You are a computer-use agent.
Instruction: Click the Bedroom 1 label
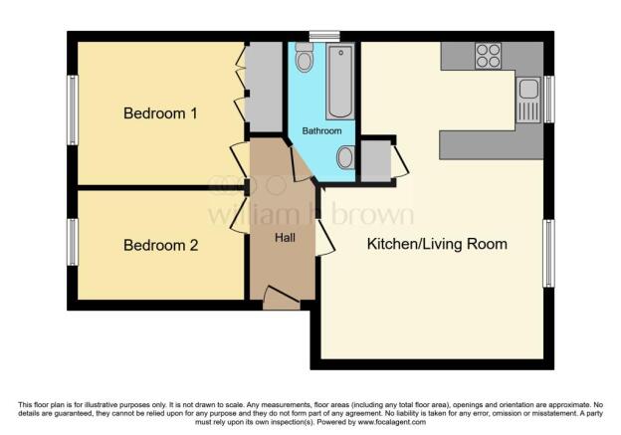pyautogui.click(x=160, y=113)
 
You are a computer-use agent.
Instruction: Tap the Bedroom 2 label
pyautogui.click(x=160, y=245)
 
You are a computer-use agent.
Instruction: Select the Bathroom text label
pyautogui.click(x=321, y=131)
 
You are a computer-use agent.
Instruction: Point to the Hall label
pyautogui.click(x=286, y=238)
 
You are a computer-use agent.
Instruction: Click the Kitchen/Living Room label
pyautogui.click(x=437, y=244)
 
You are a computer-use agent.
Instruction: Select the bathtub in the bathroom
pyautogui.click(x=340, y=82)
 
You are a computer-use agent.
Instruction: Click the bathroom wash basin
pyautogui.click(x=345, y=157)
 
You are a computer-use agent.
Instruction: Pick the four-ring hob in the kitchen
pyautogui.click(x=488, y=56)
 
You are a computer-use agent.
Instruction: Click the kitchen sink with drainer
pyautogui.click(x=528, y=100)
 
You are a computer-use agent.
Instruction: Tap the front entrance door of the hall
pyautogui.click(x=282, y=298)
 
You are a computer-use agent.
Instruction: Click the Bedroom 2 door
pyautogui.click(x=240, y=214)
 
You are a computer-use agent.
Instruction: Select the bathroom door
pyautogui.click(x=301, y=164)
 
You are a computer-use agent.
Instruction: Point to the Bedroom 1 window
pyautogui.click(x=73, y=109)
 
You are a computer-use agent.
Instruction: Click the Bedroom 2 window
pyautogui.click(x=73, y=242)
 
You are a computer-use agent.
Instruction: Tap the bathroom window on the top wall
pyautogui.click(x=324, y=37)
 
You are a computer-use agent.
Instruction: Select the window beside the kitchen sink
pyautogui.click(x=549, y=99)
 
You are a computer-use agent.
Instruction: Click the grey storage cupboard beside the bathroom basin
pyautogui.click(x=376, y=161)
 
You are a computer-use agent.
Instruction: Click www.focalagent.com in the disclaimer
pyautogui.click(x=392, y=422)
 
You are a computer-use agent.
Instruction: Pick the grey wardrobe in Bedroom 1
pyautogui.click(x=264, y=87)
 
